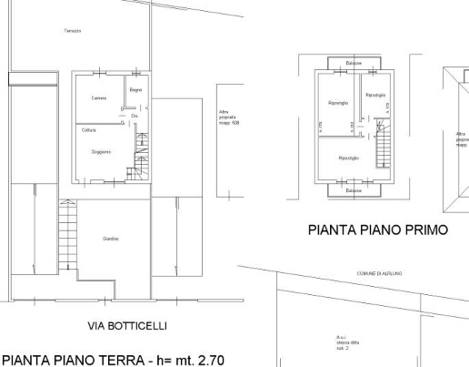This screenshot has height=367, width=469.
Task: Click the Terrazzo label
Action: (73, 31)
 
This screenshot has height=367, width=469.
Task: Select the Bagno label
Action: (135, 90)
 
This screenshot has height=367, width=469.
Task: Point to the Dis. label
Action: (135, 116)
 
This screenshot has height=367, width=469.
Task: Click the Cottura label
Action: (89, 130)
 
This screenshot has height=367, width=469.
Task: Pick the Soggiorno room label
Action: (100, 152)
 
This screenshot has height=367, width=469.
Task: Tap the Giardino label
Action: (111, 239)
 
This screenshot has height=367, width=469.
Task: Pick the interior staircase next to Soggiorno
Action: (140, 155)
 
